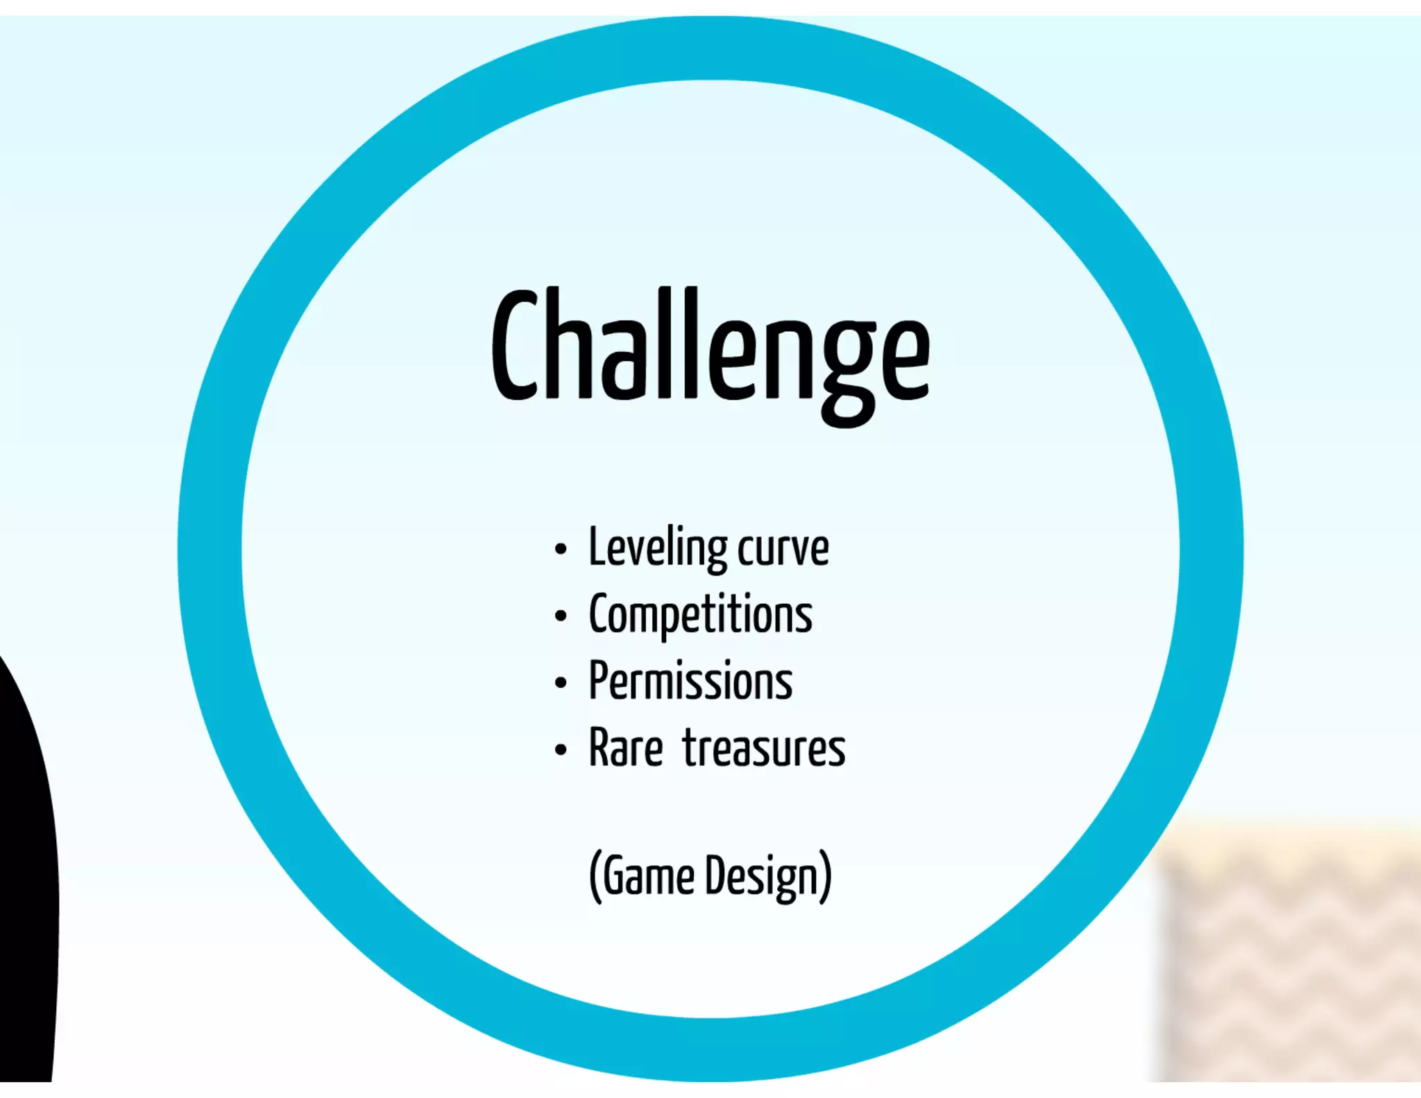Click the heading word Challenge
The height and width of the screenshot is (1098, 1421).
pos(710,347)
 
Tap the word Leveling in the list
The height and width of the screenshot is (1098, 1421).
pos(658,548)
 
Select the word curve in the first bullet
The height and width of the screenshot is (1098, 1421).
pos(783,550)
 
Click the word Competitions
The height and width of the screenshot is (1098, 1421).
pos(701,615)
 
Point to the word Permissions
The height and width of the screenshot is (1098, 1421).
pos(691,682)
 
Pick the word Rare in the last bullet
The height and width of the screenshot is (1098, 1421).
pos(626,748)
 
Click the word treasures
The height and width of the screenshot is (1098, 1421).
pos(764,748)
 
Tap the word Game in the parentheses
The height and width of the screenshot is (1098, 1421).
pos(649,877)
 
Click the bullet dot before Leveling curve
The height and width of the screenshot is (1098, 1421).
pos(561,550)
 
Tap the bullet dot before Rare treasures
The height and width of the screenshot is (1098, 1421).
pos(561,750)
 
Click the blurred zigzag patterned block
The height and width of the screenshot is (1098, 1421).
pos(1291,958)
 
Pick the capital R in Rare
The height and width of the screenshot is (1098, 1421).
pos(601,748)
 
